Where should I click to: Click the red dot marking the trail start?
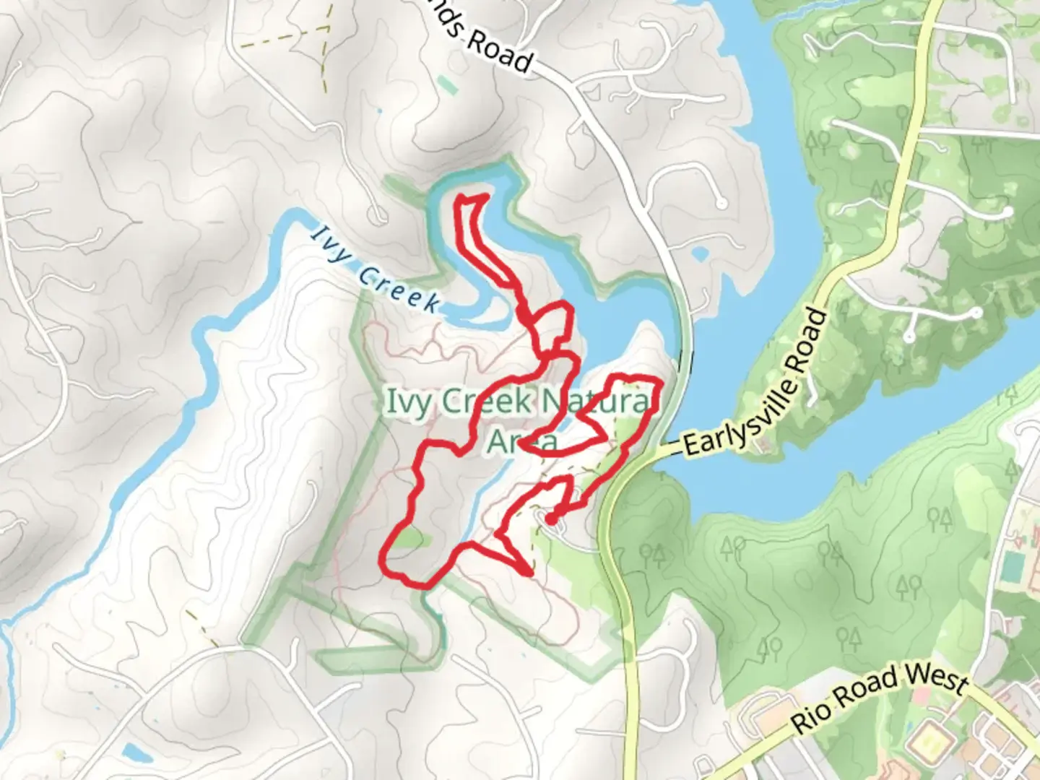tap(550, 519)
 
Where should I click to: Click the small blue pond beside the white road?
tap(699, 254)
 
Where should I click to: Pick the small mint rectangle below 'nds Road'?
tap(447, 85)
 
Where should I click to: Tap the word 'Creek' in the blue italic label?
tap(399, 287)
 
